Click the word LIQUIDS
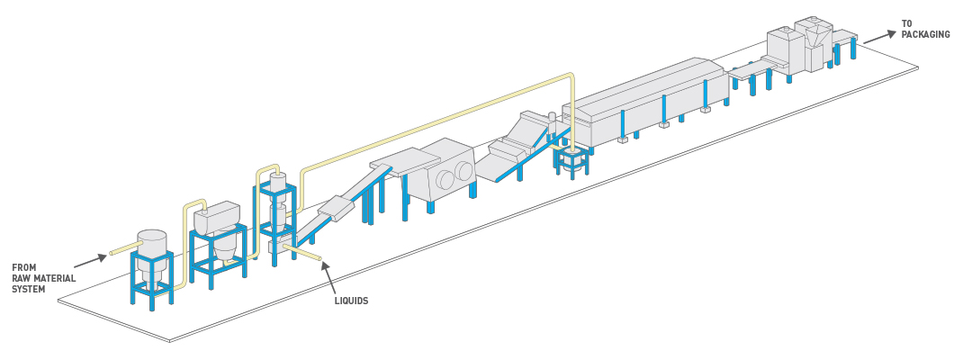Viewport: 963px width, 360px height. pos(351,301)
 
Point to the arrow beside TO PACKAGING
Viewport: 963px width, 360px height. pos(879,37)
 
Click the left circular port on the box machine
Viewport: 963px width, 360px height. pos(444,180)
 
